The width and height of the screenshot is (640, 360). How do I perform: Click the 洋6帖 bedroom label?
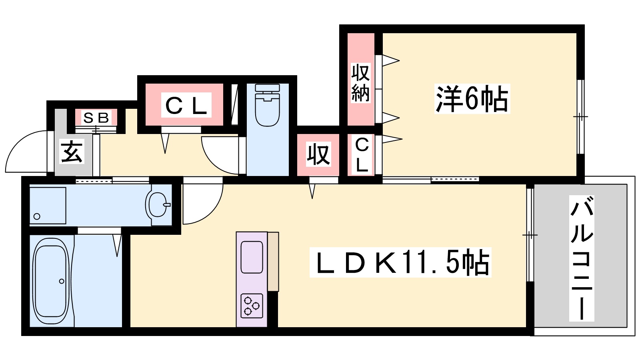coord(472,99)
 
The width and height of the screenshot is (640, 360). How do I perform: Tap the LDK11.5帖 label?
coord(400,262)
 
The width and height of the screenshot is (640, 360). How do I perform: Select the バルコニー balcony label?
coord(582,258)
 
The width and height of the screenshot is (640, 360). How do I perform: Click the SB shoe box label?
coord(96,118)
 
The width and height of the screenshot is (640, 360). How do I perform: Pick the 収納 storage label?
coord(360,82)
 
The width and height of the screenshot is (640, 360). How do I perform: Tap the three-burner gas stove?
coord(252,306)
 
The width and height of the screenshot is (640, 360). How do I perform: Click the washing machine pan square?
coord(48,206)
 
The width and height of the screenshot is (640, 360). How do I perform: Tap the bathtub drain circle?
coord(62,281)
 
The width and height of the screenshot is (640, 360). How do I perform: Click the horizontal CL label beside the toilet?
coord(186,106)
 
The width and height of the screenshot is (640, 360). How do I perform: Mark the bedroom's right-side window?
coord(580,116)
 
